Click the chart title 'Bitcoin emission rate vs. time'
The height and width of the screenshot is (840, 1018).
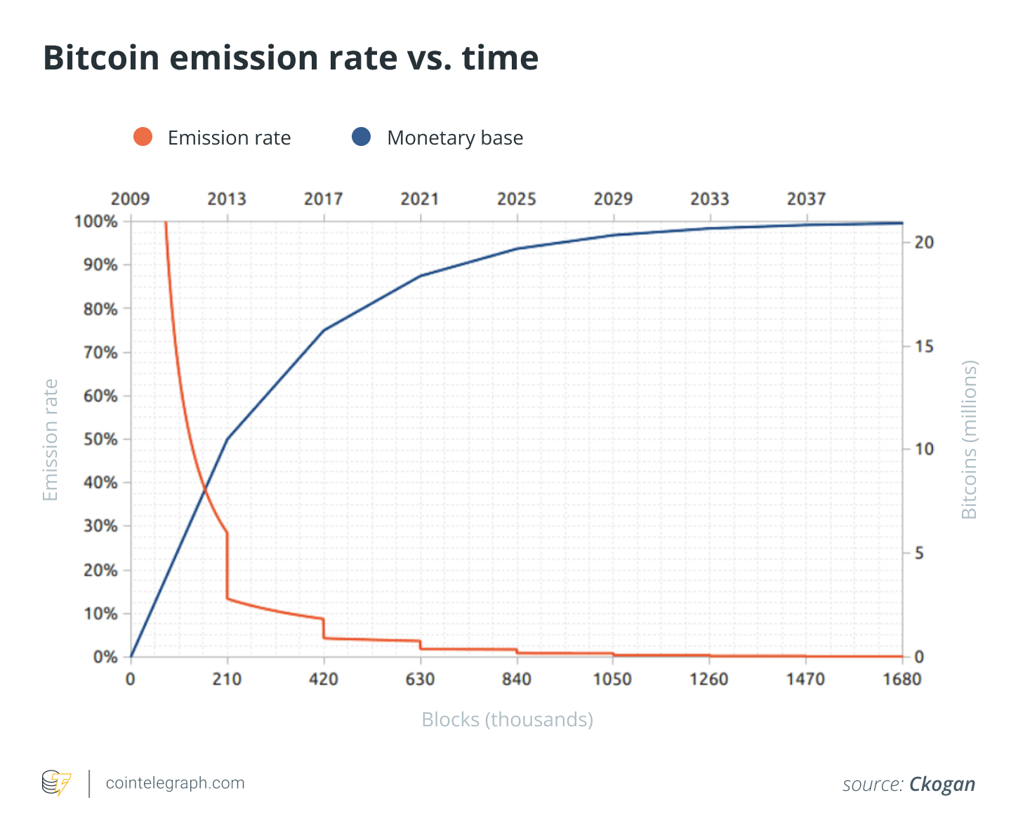click(291, 58)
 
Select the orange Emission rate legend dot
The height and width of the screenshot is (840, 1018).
click(143, 137)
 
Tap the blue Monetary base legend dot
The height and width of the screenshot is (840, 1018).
click(361, 137)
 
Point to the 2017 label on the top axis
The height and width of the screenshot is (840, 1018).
click(323, 199)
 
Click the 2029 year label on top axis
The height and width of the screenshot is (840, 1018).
click(613, 199)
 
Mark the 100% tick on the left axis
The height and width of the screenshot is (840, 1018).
click(96, 222)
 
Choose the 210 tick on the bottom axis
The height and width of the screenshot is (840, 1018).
click(227, 679)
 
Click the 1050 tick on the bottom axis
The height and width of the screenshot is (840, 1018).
click(613, 679)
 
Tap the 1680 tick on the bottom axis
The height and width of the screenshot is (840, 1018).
click(902, 679)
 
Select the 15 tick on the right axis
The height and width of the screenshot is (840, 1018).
click(925, 347)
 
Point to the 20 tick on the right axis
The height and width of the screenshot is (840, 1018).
click(925, 243)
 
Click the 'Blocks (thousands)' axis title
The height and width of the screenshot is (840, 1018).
click(507, 720)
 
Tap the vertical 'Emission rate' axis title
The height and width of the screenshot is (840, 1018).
click(51, 440)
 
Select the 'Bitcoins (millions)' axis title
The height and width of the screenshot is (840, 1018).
click(969, 440)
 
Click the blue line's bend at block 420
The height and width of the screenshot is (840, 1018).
click(324, 330)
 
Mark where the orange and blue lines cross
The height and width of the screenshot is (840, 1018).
click(204, 488)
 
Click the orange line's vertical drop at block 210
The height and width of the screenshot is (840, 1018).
click(227, 566)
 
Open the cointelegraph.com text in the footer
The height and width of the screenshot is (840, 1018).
click(175, 783)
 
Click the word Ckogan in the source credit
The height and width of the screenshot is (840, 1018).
click(942, 784)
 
